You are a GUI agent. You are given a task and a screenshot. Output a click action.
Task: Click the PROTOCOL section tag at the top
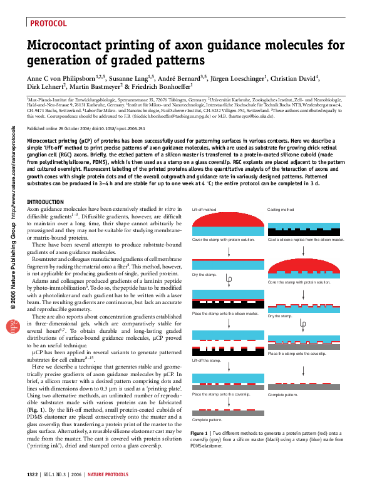click(x=48, y=24)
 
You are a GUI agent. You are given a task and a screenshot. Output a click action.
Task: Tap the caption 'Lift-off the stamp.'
click(x=206, y=360)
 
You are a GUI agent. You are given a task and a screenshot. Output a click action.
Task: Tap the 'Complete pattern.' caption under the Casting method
click(x=282, y=396)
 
